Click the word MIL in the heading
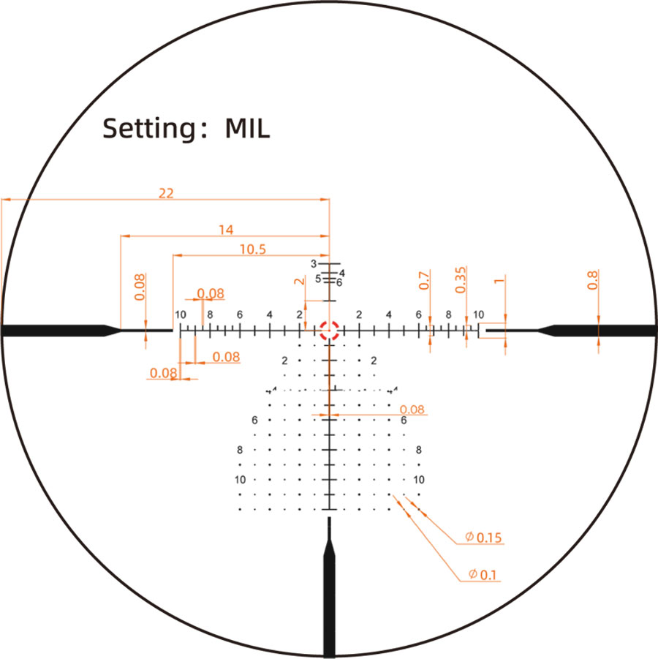point(247,128)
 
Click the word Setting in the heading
point(149,128)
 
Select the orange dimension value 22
point(166,193)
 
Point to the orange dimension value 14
point(226,230)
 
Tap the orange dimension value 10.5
point(252,249)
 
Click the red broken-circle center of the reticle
point(330,331)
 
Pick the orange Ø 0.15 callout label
point(483,538)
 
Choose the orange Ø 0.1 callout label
point(483,575)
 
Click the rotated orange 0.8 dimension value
point(592,280)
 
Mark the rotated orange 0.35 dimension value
point(461,280)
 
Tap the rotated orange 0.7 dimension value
point(424,281)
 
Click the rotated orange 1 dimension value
point(499,281)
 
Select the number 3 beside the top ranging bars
point(314,264)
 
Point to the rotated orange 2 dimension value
point(300,281)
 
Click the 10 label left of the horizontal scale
point(181,315)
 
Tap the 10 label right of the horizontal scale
point(479,315)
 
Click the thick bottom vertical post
point(330,587)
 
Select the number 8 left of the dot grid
point(240,450)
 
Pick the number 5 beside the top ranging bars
point(318,279)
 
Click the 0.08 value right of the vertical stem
point(412,410)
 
